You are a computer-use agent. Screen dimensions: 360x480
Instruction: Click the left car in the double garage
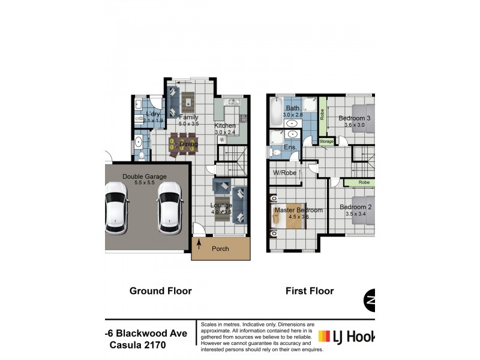point(116,211)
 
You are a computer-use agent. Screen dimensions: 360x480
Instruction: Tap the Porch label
point(220,248)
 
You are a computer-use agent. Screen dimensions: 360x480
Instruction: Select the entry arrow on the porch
point(199,244)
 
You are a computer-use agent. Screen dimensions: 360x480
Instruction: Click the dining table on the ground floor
point(182,145)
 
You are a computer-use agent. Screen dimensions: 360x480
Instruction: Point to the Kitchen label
point(226,125)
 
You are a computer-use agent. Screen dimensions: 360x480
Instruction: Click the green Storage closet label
point(326,142)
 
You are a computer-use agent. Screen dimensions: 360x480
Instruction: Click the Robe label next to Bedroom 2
point(364,182)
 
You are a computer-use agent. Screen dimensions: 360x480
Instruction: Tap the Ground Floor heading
point(161,291)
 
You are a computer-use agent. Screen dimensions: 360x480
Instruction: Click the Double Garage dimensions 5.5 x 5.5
point(144,183)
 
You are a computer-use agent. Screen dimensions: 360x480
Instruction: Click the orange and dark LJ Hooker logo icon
point(325,337)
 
